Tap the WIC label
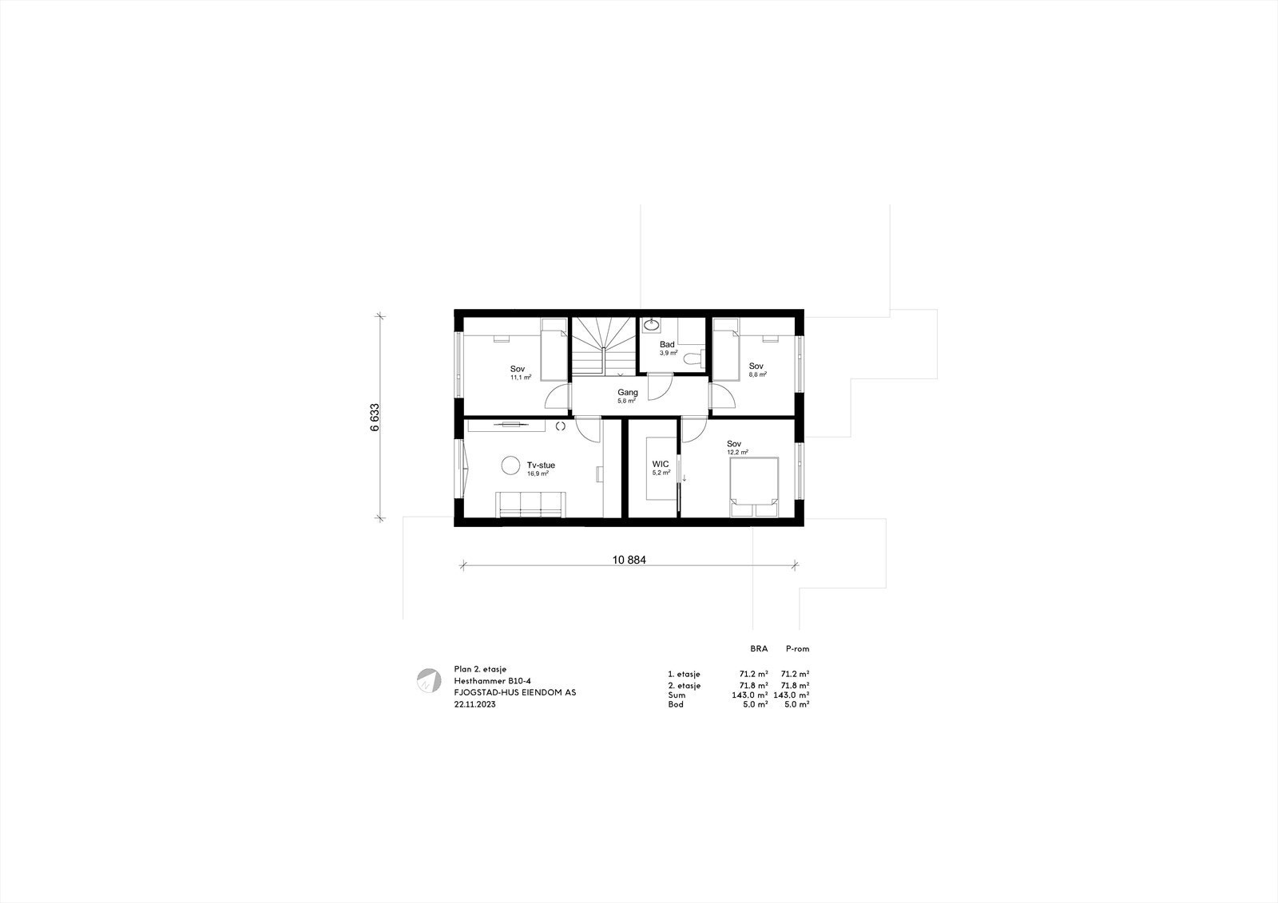pyautogui.click(x=660, y=464)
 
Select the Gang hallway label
pyautogui.click(x=628, y=393)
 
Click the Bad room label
pyautogui.click(x=667, y=345)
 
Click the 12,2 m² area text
pyautogui.click(x=737, y=453)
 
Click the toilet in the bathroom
pyautogui.click(x=694, y=358)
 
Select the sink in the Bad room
pyautogui.click(x=652, y=324)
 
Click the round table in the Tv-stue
pyautogui.click(x=509, y=464)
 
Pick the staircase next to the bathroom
pyautogui.click(x=602, y=345)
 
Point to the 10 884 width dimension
pyautogui.click(x=629, y=560)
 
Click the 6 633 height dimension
pyautogui.click(x=375, y=417)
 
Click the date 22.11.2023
pyautogui.click(x=474, y=705)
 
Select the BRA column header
pyautogui.click(x=759, y=649)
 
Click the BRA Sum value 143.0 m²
pyautogui.click(x=750, y=695)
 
